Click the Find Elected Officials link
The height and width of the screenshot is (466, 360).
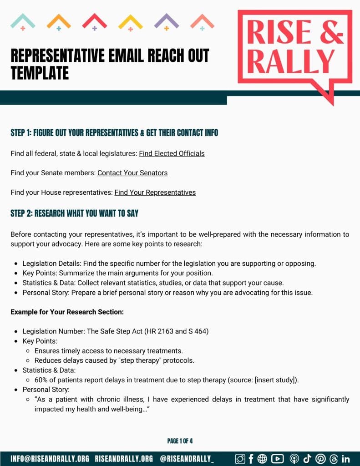coord(172,153)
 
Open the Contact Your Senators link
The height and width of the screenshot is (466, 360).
coord(132,173)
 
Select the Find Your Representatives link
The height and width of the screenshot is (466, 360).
coord(155,192)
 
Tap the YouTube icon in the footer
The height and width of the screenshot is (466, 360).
coord(277,459)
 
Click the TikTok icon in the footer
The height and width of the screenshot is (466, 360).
coord(307,459)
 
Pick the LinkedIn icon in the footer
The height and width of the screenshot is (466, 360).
coord(345,459)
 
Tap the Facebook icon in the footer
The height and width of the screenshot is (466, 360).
coord(251,459)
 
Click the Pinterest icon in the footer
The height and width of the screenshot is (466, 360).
coord(320,459)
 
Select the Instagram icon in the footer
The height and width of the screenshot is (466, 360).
coord(240,459)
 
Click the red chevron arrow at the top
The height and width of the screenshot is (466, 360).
coord(94,21)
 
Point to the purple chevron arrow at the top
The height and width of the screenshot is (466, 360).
coord(166,21)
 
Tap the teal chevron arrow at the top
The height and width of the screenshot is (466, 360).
coord(23,21)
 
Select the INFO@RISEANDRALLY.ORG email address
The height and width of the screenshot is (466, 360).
coord(50,459)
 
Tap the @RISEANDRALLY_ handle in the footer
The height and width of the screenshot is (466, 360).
coord(187,459)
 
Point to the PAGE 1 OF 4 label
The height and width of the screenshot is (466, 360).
coord(180,441)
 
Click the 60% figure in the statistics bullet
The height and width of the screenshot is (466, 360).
coord(41,380)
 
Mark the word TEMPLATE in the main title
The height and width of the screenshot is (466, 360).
coord(40,73)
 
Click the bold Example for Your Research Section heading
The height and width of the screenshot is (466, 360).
coord(67,312)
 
